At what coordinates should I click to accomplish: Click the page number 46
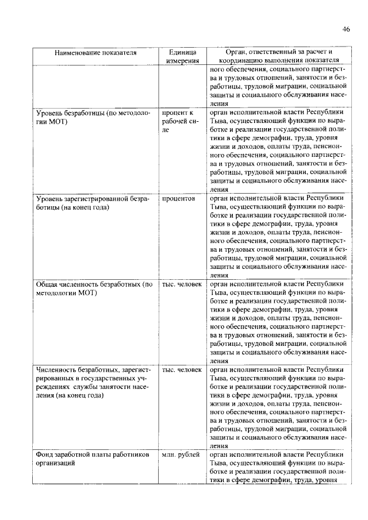coord(346,29)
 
